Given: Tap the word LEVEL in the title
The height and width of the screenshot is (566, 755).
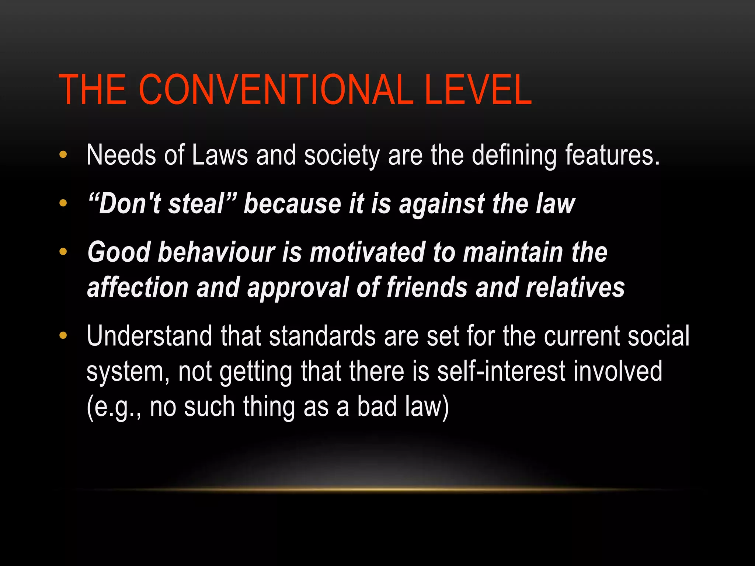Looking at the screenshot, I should click(x=478, y=90).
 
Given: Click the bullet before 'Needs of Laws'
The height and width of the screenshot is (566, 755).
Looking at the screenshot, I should click(x=63, y=155).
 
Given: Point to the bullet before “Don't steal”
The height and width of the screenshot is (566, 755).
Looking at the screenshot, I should click(x=63, y=203).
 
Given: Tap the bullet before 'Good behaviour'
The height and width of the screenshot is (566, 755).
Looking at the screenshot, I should click(x=63, y=252).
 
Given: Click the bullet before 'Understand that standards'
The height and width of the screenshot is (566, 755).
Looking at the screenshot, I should click(x=63, y=335).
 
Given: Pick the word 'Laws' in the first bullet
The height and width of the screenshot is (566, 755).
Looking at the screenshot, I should click(x=220, y=155).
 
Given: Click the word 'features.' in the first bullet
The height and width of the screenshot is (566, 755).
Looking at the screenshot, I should click(x=612, y=155).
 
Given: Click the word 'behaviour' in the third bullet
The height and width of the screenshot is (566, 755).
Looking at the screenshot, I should click(x=216, y=252).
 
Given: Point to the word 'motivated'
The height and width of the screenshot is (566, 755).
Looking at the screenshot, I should click(x=367, y=252).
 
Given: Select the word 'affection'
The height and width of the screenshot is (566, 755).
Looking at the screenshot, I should click(x=138, y=287).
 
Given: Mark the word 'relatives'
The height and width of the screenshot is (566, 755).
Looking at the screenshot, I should click(x=575, y=287).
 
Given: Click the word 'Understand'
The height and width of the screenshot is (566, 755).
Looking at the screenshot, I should click(x=149, y=336).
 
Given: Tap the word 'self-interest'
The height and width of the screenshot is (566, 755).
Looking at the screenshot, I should click(x=501, y=371).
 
